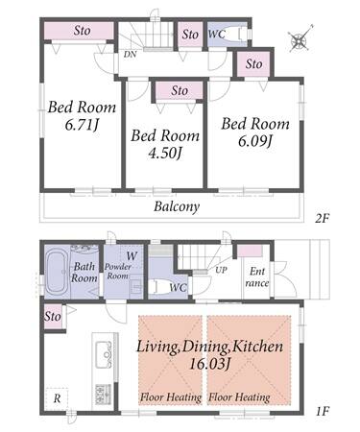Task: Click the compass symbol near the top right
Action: tap(300, 39)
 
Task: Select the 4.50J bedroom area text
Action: tap(165, 154)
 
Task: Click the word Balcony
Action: tap(177, 206)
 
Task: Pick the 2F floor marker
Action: tap(322, 219)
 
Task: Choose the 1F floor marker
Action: tap(323, 411)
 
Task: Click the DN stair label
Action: tap(130, 55)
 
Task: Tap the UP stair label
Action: tap(221, 271)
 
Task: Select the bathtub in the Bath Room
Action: tap(57, 273)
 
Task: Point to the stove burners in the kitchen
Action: tap(103, 394)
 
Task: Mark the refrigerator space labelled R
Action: tap(57, 398)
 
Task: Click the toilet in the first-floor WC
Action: tap(159, 286)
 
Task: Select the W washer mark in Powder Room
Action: tap(132, 256)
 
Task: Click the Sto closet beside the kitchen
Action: tap(53, 317)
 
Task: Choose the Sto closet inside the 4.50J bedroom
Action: tap(180, 90)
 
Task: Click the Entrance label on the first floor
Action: tap(257, 277)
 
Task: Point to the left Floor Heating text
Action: tap(171, 397)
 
